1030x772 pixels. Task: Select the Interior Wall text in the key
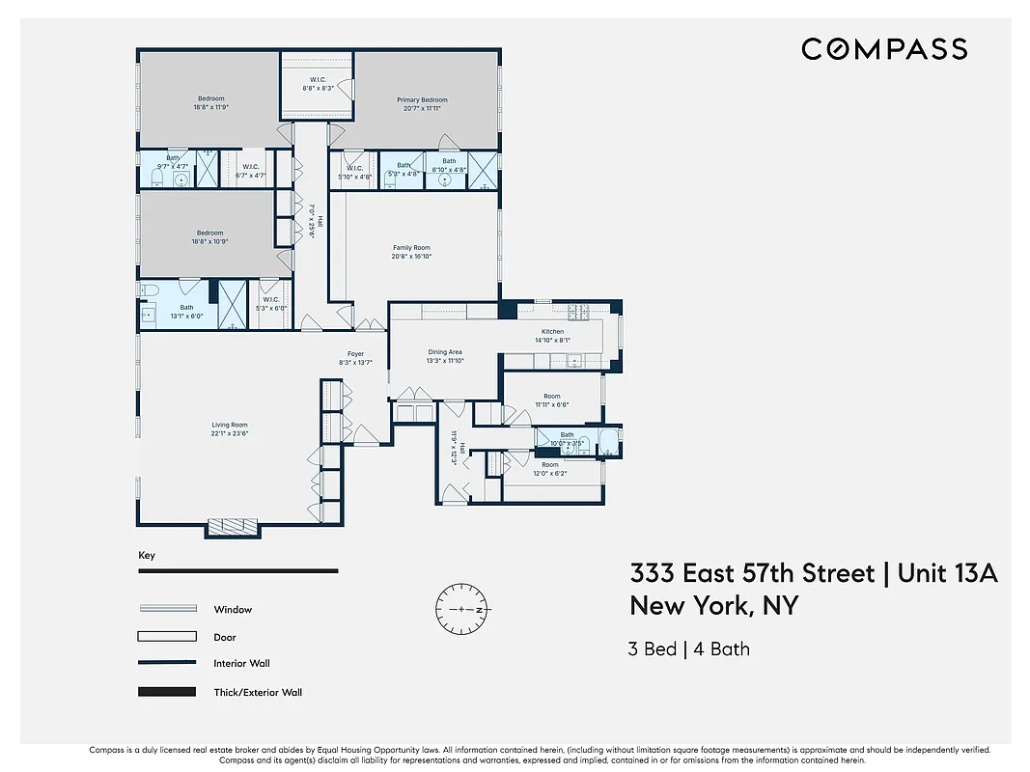click(x=241, y=664)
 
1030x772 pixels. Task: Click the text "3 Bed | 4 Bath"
click(x=688, y=648)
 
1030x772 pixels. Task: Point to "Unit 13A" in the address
click(x=947, y=574)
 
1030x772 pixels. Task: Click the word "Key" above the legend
click(x=147, y=556)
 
